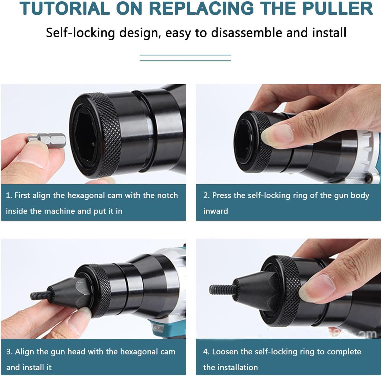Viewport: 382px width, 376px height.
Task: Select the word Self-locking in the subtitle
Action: (x=80, y=33)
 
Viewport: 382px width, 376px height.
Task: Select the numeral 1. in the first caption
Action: (x=9, y=195)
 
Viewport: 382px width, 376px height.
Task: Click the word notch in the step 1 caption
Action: (x=167, y=195)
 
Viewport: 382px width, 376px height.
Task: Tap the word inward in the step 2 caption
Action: (x=216, y=211)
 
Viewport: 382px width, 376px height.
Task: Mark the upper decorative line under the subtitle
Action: (x=185, y=55)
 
